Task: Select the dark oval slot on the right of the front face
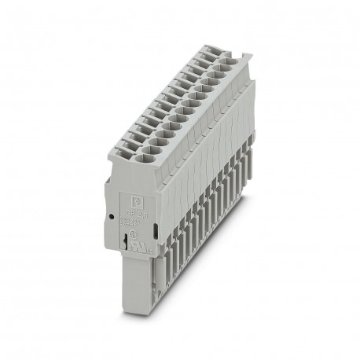(x=158, y=230)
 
